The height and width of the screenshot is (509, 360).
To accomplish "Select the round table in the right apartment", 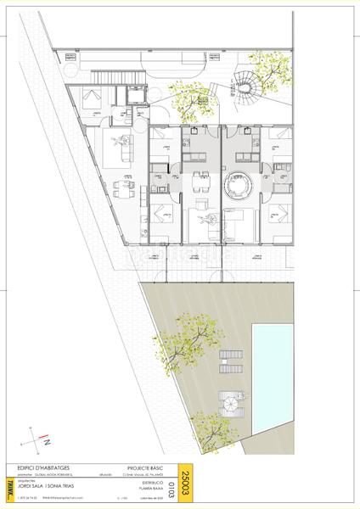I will pyautogui.click(x=235, y=182).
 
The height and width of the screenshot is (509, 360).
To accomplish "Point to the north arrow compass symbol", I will pyautogui.click(x=38, y=439).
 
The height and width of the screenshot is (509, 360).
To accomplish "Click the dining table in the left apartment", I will pyautogui.click(x=126, y=185).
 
